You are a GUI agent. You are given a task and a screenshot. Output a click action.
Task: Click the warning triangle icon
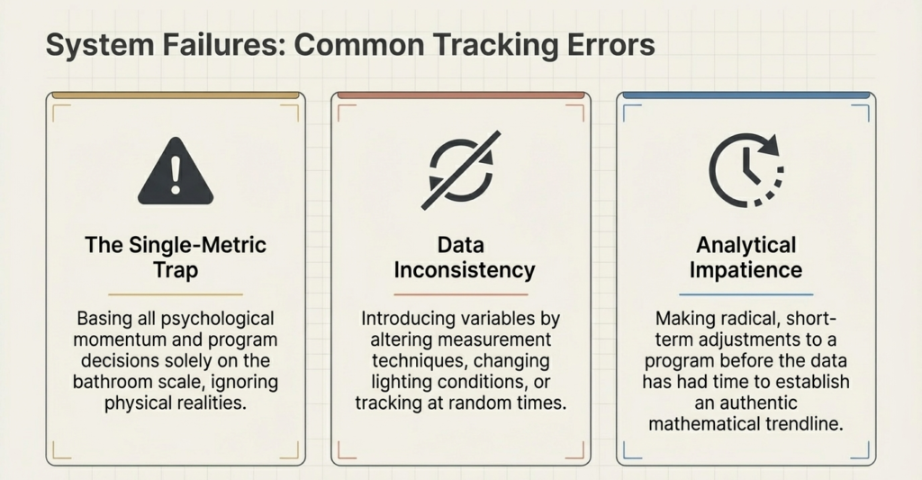(176, 174)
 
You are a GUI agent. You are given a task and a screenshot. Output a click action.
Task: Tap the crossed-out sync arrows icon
(460, 171)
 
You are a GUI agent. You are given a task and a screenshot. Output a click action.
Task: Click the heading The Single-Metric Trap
(176, 258)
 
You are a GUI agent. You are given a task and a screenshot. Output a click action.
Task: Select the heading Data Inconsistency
(461, 258)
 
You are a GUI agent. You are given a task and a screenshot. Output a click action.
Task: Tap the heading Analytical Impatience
(746, 258)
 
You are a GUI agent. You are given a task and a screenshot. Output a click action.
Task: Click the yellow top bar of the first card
(176, 95)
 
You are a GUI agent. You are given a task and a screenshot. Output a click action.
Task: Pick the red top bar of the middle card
(461, 95)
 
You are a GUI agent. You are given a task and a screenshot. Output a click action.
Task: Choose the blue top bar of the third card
(746, 95)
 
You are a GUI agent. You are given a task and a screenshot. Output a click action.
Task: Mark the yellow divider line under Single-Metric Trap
(176, 294)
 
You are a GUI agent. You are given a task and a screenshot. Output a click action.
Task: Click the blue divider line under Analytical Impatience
(746, 294)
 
